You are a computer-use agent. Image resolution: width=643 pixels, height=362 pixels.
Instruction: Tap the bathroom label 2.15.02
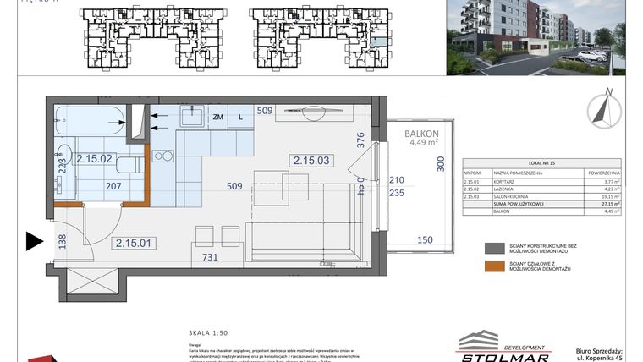click(94, 157)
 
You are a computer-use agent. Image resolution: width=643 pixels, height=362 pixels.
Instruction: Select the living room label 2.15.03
click(311, 159)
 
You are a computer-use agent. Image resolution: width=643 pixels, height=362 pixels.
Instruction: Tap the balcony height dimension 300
click(439, 163)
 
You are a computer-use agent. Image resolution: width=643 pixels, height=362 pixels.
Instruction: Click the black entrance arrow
click(34, 242)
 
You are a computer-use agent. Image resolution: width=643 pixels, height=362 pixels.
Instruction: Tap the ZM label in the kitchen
click(217, 117)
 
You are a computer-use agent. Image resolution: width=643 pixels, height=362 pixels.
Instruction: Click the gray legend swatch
click(494, 249)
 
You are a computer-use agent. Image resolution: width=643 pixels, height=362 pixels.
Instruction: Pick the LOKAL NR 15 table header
click(541, 162)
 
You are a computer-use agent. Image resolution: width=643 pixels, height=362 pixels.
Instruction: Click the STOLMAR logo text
click(506, 355)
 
